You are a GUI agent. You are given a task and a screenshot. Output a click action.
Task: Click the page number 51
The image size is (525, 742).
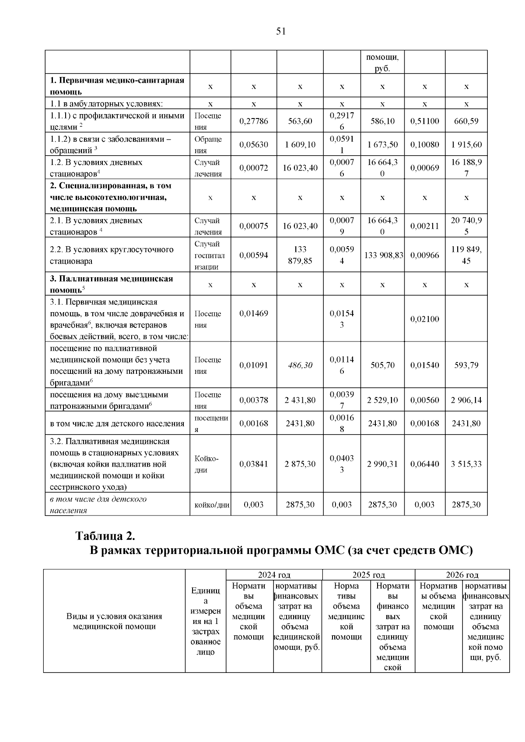[x=281, y=31]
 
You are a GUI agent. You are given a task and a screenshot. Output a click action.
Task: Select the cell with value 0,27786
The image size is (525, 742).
[x=254, y=121]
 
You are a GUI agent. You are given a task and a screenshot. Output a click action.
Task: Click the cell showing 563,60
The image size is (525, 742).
[x=300, y=121]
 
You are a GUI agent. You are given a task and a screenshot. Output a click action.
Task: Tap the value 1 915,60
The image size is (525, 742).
[x=466, y=145]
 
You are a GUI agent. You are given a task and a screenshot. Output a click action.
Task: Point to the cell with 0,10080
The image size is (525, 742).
[x=424, y=145]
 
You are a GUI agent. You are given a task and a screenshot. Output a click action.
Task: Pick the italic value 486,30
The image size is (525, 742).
[x=300, y=365]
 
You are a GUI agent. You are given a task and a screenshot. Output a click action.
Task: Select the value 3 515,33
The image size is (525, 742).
[x=466, y=464]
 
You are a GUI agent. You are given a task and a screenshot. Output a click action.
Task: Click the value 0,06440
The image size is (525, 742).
[x=424, y=464]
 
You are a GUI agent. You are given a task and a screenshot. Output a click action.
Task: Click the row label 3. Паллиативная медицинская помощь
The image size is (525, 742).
[x=111, y=284]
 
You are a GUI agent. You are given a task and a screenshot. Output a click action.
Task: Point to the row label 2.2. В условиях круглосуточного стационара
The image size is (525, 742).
[x=112, y=255]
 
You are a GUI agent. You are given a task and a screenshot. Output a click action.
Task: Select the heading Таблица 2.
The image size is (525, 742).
[x=105, y=536]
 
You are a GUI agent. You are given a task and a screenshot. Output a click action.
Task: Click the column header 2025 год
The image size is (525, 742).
[x=368, y=575]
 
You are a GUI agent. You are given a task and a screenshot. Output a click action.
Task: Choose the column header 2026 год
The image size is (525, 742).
[x=462, y=575]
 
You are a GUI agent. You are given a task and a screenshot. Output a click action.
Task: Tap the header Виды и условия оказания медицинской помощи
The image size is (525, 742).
[x=114, y=621]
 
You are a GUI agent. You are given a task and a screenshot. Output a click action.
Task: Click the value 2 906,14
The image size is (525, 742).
[x=466, y=400]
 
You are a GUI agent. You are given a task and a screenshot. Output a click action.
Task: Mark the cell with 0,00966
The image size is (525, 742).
[x=424, y=255]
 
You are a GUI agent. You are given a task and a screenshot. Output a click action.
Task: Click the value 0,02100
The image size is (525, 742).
[x=424, y=319]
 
